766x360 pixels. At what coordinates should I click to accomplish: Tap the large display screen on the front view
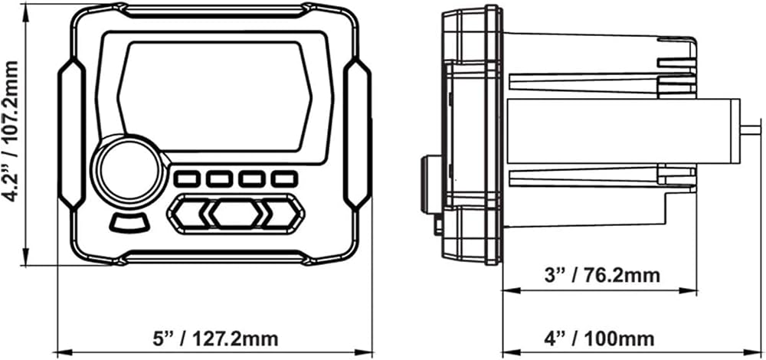point(215,97)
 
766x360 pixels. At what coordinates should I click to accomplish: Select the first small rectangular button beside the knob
point(187,178)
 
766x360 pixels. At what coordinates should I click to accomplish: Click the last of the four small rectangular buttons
point(284,178)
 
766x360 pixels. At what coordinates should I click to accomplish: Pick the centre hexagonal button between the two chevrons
point(236,214)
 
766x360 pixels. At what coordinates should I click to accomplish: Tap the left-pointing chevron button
point(188,214)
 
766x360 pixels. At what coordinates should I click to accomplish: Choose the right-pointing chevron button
point(283,214)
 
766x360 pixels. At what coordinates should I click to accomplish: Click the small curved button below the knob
point(129,223)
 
